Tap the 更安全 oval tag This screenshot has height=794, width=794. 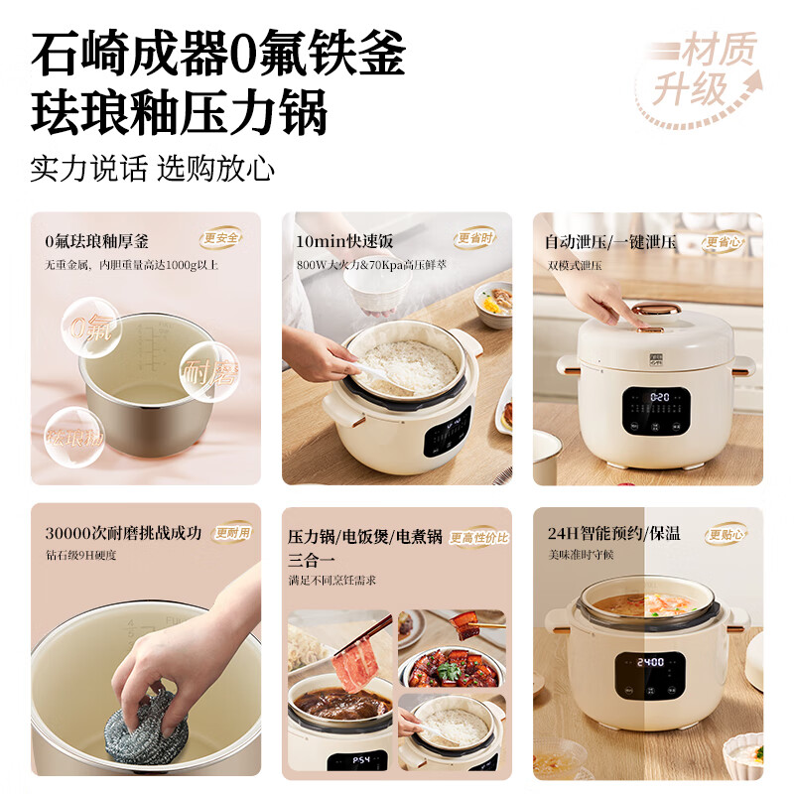(x=221, y=238)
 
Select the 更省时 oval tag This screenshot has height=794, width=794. (x=475, y=238)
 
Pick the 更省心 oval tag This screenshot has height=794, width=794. (x=726, y=240)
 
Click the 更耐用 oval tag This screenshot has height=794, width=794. (x=233, y=532)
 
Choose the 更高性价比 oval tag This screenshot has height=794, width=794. (x=479, y=537)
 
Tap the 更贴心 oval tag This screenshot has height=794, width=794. (x=726, y=534)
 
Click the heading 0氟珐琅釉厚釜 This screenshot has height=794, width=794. (x=96, y=241)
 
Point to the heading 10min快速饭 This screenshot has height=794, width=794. (x=344, y=241)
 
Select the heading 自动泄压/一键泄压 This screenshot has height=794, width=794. (x=610, y=241)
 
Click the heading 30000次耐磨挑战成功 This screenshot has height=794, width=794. (x=123, y=533)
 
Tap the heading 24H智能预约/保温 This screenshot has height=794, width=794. (x=613, y=533)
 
